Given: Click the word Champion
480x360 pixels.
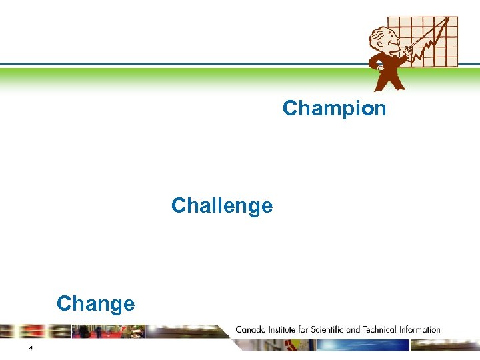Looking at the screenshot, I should coord(334,108).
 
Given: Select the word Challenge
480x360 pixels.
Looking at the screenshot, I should coord(221,205).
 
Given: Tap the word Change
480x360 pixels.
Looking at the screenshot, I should coord(95,303).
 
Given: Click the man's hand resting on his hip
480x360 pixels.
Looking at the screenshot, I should coord(379,66).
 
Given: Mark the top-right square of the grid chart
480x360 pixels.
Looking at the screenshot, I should coord(453,22).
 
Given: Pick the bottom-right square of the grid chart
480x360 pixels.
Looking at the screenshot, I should coord(453,62).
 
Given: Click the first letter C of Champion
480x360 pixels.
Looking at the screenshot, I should coord(289,108).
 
